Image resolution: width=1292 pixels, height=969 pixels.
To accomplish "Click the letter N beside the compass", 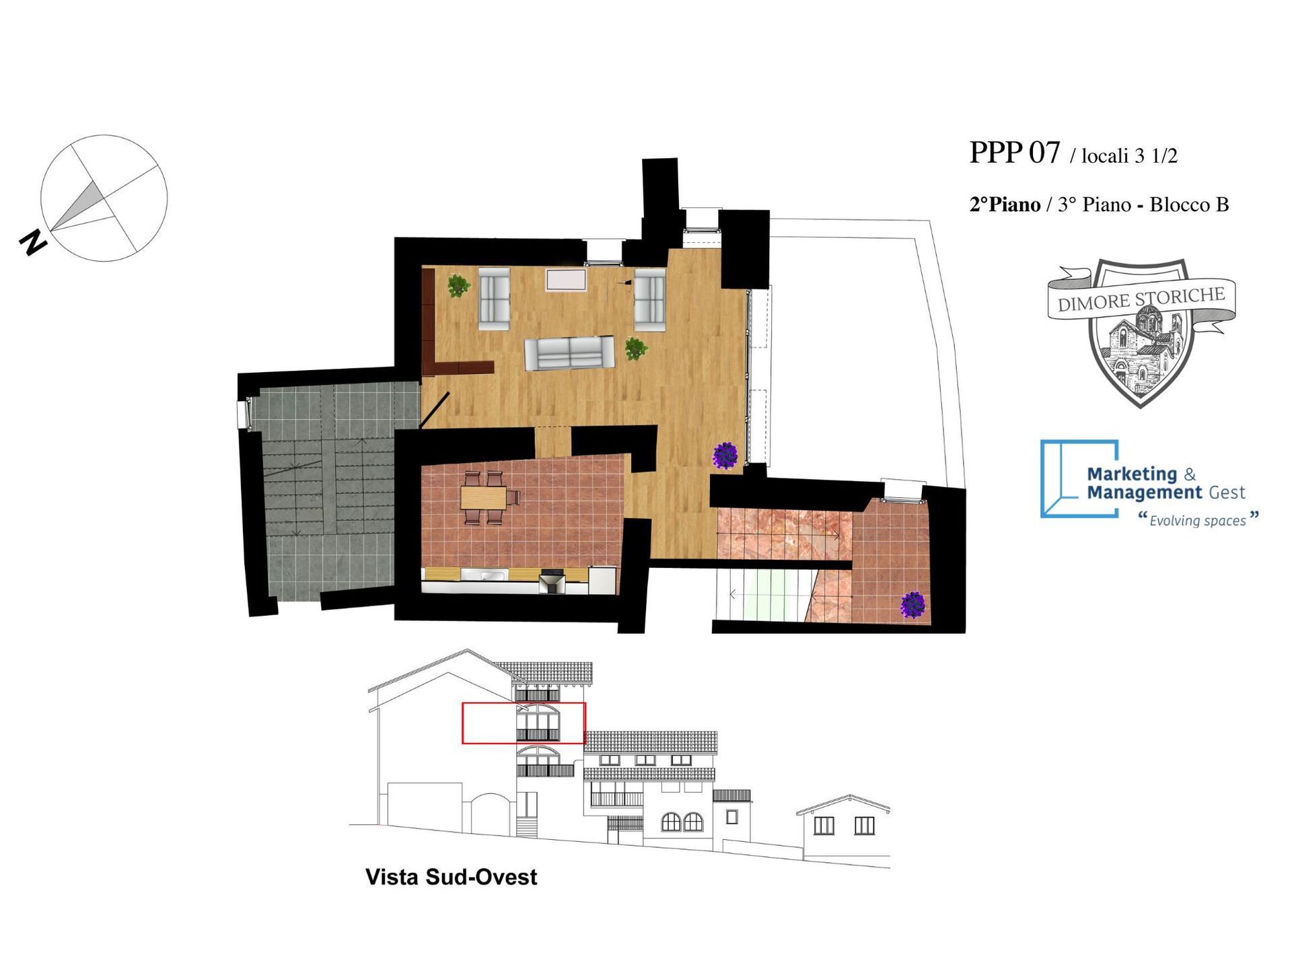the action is point(33,242).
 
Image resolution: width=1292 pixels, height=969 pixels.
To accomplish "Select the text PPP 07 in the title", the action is point(1014,153).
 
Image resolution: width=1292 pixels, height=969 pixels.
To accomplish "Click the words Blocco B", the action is point(1189,205).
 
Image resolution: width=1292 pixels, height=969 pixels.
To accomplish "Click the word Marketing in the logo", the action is point(1132,474).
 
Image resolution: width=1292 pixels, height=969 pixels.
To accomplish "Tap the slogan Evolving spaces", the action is point(1198,520).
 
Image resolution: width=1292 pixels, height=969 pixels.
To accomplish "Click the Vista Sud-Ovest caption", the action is point(451,877).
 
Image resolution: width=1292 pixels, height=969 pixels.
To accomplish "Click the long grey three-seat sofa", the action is point(569,353).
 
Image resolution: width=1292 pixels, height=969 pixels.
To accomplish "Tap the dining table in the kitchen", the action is point(483,498).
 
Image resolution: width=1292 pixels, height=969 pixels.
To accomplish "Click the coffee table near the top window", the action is point(566,280).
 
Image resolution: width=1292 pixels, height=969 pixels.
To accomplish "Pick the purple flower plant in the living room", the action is point(725,455).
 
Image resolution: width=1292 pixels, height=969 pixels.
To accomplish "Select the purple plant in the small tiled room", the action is point(913,604).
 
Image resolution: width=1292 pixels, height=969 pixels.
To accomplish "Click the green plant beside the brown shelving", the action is point(458,285).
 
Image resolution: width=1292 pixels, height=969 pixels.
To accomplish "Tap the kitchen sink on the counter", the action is point(494,575).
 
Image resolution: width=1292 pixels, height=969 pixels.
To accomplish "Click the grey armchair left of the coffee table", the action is point(494,298).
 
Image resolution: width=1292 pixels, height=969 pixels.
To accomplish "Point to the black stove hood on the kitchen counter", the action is point(552,581).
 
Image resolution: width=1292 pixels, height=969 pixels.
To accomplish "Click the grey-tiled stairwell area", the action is point(330,491).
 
